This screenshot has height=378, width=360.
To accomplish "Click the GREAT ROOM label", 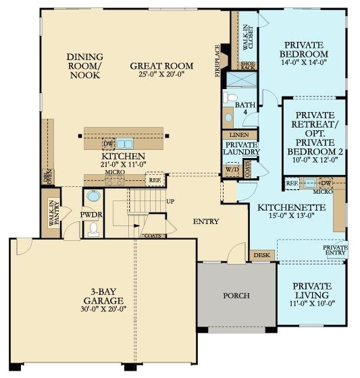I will pos(162,66).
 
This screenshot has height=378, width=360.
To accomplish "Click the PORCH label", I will pos(236,296).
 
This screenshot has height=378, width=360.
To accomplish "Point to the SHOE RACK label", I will pos(248,64).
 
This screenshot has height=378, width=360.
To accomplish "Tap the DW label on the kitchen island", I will pos(107,144).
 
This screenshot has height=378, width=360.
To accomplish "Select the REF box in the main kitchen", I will pos(155,181).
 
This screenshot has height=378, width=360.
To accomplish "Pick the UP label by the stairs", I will pos(170,202).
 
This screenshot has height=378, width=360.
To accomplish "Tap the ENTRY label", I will pos(205,221).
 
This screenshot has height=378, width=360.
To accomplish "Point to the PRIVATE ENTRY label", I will pos(335,250).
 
